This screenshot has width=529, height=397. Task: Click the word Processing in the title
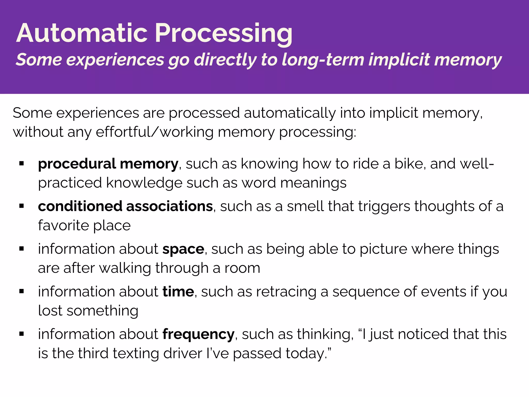pos(223,34)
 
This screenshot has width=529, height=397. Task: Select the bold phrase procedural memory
pos(108,164)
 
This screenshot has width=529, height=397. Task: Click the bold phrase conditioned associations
pos(125,206)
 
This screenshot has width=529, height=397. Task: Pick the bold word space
pos(183,249)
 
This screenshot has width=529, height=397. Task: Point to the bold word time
pos(178,292)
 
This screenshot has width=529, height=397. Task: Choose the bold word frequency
pos(198,334)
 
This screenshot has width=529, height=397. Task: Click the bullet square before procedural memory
pos(22,163)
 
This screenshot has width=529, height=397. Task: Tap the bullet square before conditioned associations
pos(22,206)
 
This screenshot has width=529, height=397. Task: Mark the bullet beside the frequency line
pos(22,334)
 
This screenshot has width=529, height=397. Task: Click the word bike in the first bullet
pos(409,164)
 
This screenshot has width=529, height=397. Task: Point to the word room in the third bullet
pos(242,268)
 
